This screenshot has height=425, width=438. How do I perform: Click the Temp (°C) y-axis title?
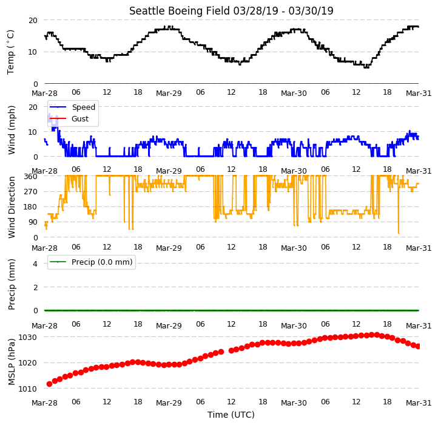(10, 52)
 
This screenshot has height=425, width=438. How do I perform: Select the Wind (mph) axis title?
(11, 131)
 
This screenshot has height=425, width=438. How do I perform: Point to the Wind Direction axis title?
(11, 208)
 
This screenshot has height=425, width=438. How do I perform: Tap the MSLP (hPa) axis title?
(11, 362)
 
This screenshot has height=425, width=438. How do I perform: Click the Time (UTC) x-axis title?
(231, 414)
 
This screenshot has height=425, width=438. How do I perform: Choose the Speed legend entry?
(84, 107)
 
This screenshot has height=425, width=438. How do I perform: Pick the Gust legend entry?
(80, 118)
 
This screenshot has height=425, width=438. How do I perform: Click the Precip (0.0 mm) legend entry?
(102, 262)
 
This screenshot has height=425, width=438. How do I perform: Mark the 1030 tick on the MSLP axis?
(27, 337)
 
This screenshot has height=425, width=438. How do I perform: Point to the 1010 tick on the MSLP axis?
(27, 389)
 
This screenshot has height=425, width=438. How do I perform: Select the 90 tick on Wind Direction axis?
(33, 222)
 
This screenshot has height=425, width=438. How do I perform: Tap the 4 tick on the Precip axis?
(35, 263)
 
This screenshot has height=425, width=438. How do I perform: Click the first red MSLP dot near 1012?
(50, 384)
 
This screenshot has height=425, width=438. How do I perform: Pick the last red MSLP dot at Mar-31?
(418, 347)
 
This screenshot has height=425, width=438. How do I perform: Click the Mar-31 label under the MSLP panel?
(419, 403)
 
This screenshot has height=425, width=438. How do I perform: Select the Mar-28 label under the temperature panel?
(44, 93)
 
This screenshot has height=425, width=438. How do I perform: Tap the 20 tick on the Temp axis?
(33, 20)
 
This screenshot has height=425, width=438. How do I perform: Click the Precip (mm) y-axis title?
(11, 285)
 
